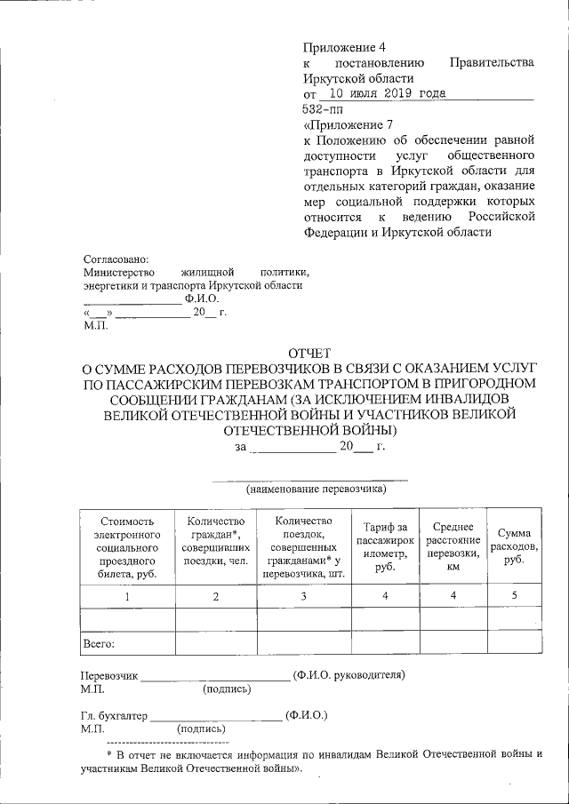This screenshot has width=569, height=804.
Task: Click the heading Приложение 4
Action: (x=345, y=45)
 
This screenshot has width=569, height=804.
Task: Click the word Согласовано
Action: (x=116, y=258)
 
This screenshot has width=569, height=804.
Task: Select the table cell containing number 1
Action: (x=127, y=595)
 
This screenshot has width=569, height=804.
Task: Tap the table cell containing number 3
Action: (x=303, y=595)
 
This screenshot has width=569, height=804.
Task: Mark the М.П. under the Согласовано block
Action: (x=94, y=327)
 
